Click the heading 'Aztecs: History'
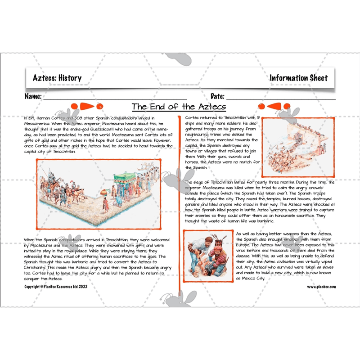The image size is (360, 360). (x=57, y=78)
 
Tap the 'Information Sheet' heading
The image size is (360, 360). (x=298, y=78)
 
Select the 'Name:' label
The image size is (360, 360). (x=33, y=96)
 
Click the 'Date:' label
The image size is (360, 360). (x=217, y=96)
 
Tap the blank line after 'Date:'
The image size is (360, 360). (x=281, y=98)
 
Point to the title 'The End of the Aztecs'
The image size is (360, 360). (x=179, y=107)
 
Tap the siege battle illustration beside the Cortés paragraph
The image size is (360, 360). (x=297, y=147)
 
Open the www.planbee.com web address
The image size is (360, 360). (x=321, y=287)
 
